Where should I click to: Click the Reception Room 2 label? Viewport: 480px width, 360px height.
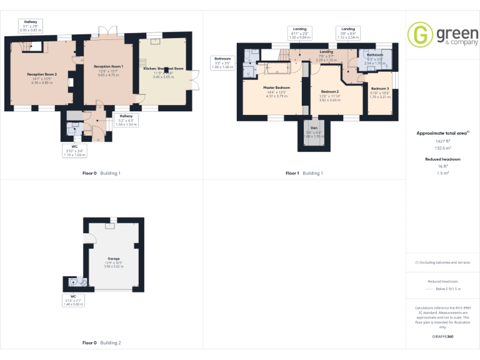pyautogui.click(x=42, y=74)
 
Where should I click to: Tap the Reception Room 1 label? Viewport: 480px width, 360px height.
pyautogui.click(x=108, y=66)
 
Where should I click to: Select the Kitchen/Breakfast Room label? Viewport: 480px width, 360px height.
pyautogui.click(x=164, y=68)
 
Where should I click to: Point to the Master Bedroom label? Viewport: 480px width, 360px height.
pyautogui.click(x=276, y=87)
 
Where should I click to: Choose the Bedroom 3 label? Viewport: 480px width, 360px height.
pyautogui.click(x=379, y=89)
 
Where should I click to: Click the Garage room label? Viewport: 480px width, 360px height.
pyautogui.click(x=113, y=257)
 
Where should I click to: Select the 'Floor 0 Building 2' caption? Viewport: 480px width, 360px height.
pyautogui.click(x=101, y=342)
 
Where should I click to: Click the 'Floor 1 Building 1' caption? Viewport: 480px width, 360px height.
pyautogui.click(x=304, y=173)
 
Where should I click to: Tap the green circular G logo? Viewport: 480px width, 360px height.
pyautogui.click(x=420, y=35)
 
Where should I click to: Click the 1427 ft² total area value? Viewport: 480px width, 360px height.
pyautogui.click(x=443, y=141)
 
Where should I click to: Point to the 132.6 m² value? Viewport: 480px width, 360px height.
pyautogui.click(x=443, y=149)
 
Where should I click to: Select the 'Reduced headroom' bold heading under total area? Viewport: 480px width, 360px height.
pyautogui.click(x=443, y=159)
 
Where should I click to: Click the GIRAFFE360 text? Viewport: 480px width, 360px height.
pyautogui.click(x=443, y=337)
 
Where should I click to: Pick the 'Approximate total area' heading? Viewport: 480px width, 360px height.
pyautogui.click(x=442, y=133)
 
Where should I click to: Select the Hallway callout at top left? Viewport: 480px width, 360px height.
pyautogui.click(x=31, y=26)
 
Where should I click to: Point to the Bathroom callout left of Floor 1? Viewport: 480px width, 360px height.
pyautogui.click(x=222, y=62)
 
